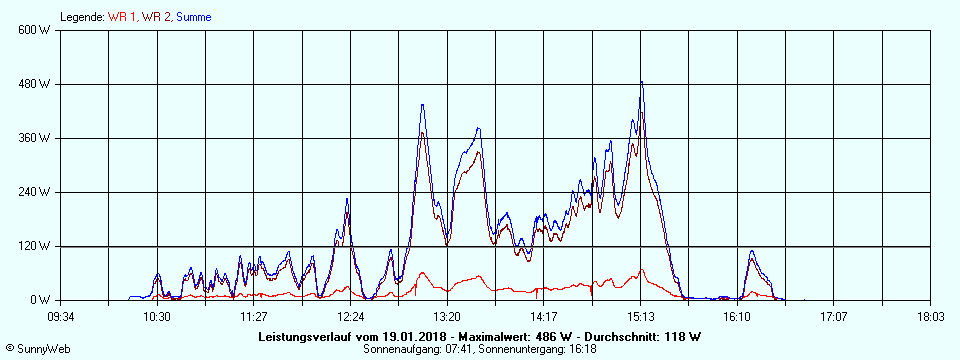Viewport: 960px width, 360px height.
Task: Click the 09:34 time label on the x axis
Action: (61, 316)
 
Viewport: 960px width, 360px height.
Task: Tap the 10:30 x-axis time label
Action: (157, 316)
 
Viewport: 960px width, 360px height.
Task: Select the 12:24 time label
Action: (350, 316)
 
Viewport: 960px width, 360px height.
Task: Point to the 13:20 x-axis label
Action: (447, 316)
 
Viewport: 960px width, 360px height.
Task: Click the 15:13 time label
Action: (641, 316)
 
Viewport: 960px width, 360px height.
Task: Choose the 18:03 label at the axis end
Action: (930, 316)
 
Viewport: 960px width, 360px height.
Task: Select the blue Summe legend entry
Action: (193, 17)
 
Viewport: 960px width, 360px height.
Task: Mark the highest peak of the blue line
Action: (641, 82)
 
